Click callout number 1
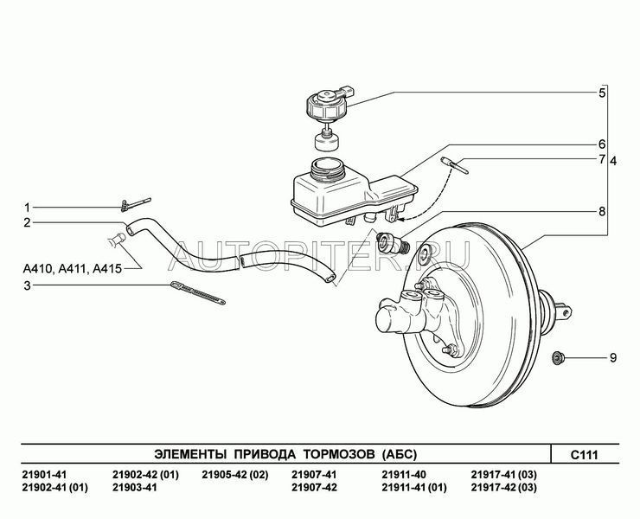pyautogui.click(x=27, y=208)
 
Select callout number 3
pyautogui.click(x=27, y=285)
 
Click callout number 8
pyautogui.click(x=602, y=211)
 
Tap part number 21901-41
pyautogui.click(x=42, y=475)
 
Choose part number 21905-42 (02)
pyautogui.click(x=235, y=475)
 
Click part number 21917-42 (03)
pyautogui.click(x=504, y=489)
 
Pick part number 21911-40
pyautogui.click(x=404, y=475)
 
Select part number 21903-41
pyautogui.click(x=134, y=489)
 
